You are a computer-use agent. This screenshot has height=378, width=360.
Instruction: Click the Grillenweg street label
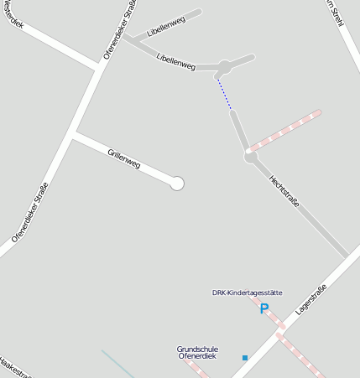click(124, 158)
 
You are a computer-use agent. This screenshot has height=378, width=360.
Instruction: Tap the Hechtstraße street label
click(284, 191)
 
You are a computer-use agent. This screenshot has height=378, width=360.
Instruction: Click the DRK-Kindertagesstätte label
click(247, 293)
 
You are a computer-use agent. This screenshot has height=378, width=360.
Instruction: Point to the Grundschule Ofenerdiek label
click(197, 352)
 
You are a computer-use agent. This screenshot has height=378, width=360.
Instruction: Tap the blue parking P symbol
click(263, 309)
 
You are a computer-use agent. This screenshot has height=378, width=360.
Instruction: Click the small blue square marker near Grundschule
click(245, 358)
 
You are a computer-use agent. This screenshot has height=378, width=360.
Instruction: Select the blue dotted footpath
click(224, 93)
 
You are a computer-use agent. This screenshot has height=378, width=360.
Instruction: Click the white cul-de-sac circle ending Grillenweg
click(176, 183)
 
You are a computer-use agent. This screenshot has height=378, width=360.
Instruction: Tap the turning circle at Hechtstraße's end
click(250, 156)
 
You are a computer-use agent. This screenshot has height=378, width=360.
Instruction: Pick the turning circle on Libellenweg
click(224, 66)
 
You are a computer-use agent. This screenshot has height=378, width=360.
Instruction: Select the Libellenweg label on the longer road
click(175, 60)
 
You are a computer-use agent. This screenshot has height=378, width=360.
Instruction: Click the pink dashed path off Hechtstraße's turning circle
click(285, 131)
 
